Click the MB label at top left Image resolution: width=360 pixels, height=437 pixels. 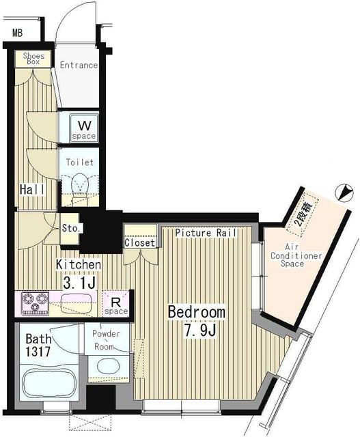click(x=17, y=32)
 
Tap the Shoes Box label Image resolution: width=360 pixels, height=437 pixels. click(x=33, y=58)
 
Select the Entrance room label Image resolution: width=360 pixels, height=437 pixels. click(x=79, y=66)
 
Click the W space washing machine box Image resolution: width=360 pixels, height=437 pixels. click(x=85, y=128)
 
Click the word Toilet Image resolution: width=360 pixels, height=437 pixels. click(x=79, y=163)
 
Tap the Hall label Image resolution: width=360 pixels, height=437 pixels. click(x=31, y=190)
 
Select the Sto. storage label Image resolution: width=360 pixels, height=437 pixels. click(x=70, y=228)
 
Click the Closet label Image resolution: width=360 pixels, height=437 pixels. click(x=139, y=242)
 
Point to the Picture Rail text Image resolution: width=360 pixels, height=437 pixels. click(x=206, y=233)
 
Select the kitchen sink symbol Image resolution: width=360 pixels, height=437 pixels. click(x=77, y=302)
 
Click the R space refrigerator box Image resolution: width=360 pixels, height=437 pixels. click(x=115, y=305)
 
